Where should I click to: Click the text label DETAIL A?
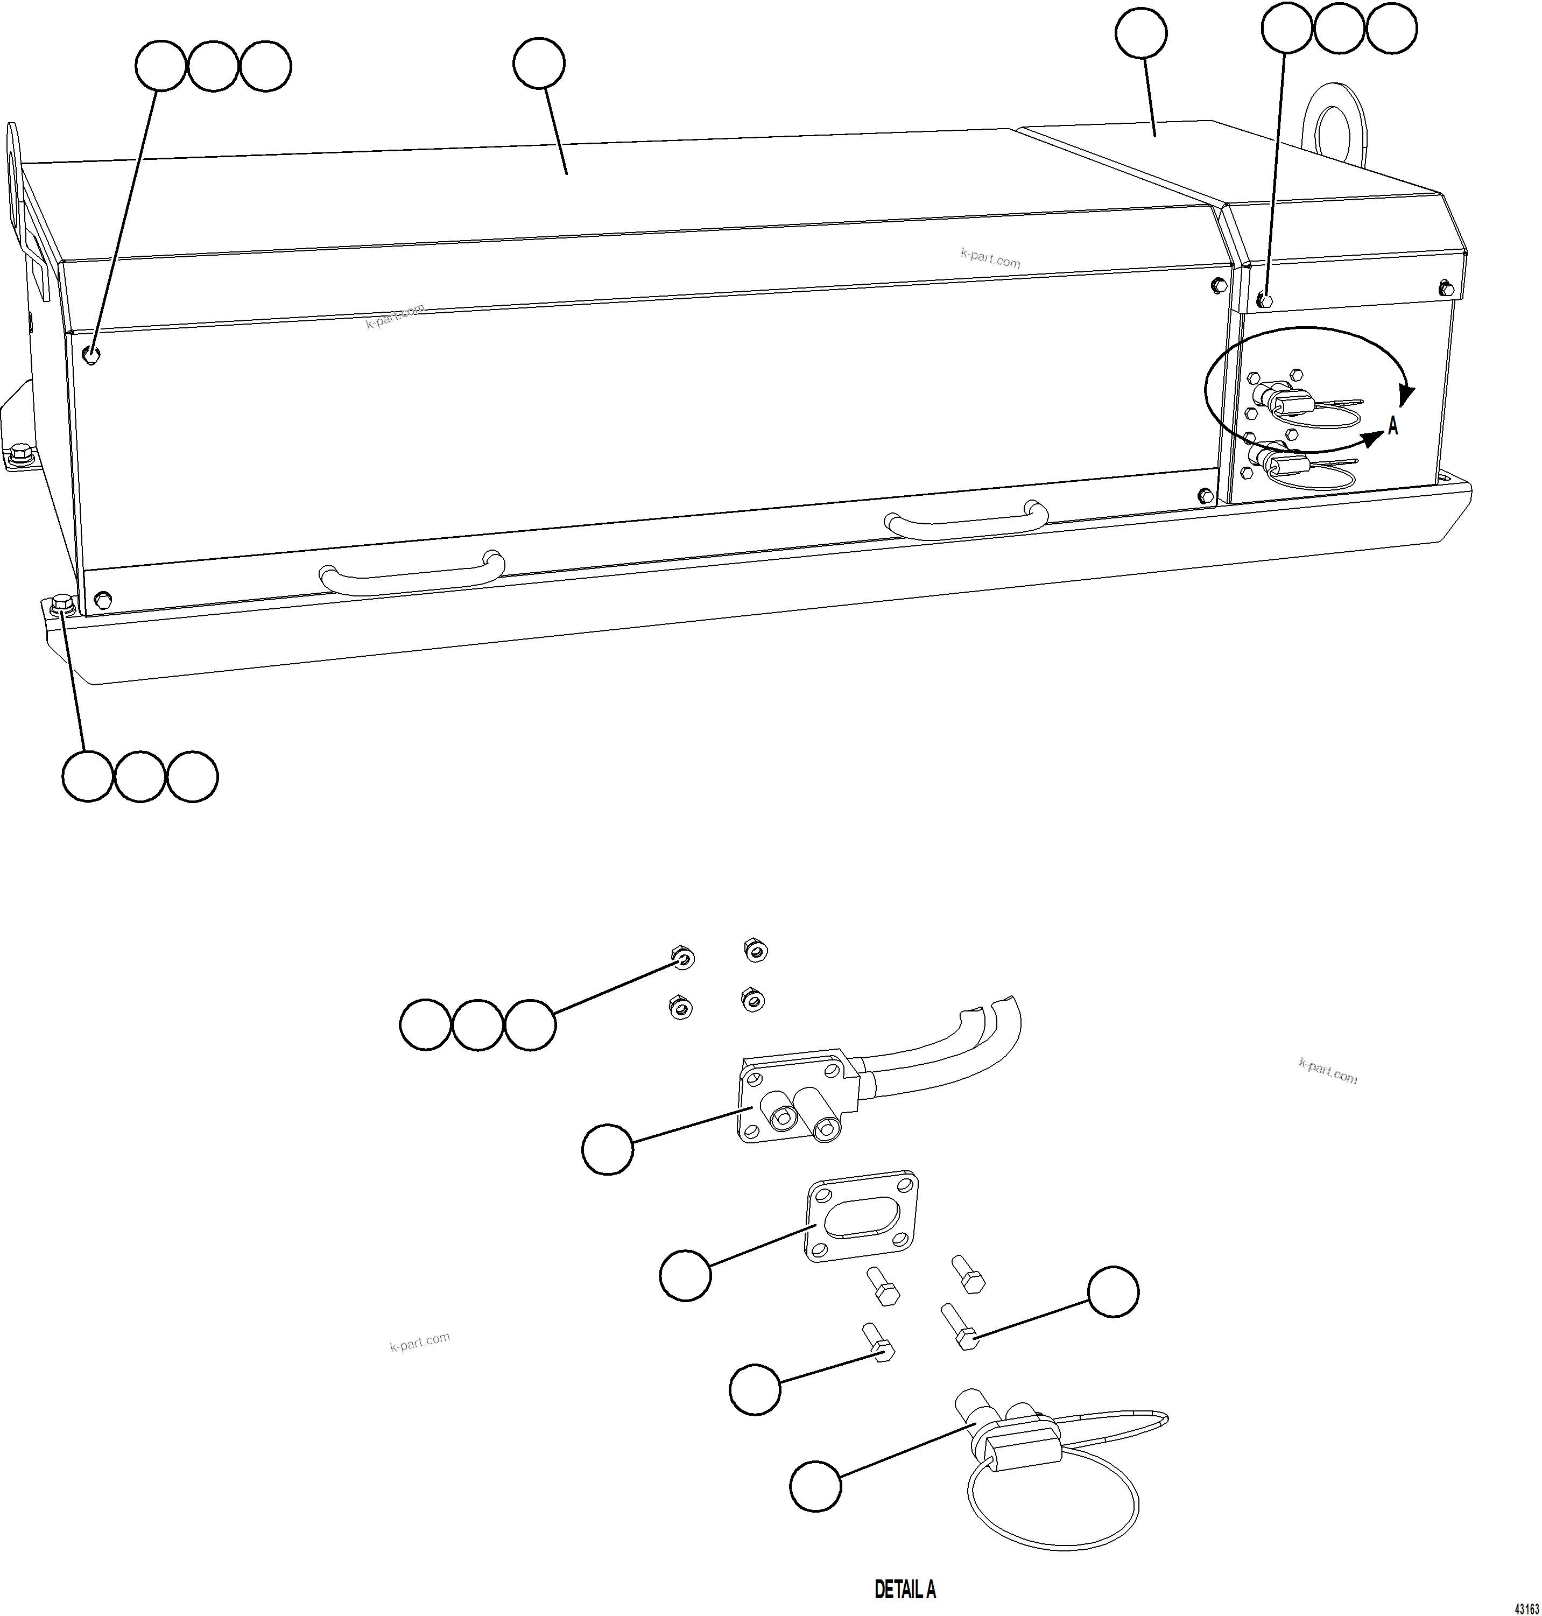[904, 1589]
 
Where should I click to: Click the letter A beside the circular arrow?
[1392, 426]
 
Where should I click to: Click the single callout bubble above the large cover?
[538, 64]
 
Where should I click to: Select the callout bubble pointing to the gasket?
[686, 1275]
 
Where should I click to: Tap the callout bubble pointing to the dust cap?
[815, 1485]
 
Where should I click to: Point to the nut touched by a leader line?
[681, 958]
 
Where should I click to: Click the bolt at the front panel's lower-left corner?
[103, 597]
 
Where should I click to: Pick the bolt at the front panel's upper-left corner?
[92, 354]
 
